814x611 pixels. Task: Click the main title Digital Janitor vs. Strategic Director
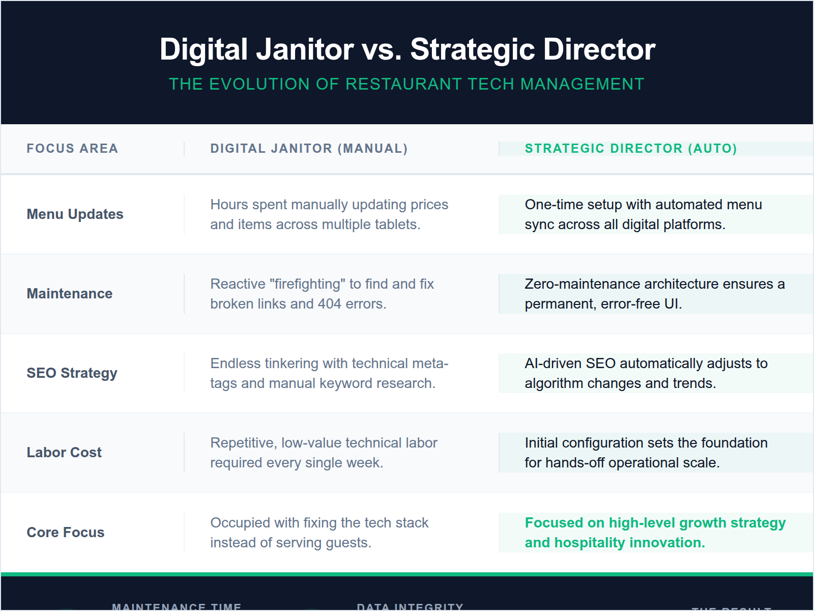pos(407,49)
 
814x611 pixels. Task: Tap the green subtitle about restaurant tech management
pos(406,84)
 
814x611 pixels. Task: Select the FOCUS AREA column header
pos(72,149)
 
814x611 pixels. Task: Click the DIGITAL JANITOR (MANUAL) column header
pos(309,149)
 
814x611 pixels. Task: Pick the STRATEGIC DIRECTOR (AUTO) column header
pos(630,149)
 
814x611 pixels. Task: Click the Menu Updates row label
pos(75,214)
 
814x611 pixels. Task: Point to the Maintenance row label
pos(70,294)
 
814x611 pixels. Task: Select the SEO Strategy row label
pos(72,373)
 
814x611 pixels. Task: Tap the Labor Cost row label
pos(64,453)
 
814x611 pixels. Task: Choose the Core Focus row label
pos(66,533)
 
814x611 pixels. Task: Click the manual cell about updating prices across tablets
pos(329,214)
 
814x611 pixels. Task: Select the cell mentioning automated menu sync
pos(643,214)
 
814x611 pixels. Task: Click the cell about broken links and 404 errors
pos(322,294)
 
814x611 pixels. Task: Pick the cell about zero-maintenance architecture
pos(654,294)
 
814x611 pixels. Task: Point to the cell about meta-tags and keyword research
pos(329,373)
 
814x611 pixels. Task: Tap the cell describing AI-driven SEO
pos(646,373)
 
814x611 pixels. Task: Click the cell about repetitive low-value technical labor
pos(324,453)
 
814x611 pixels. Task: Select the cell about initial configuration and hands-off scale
pos(646,453)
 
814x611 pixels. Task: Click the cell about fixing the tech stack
pos(319,533)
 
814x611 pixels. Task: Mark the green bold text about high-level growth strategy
pos(655,533)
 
